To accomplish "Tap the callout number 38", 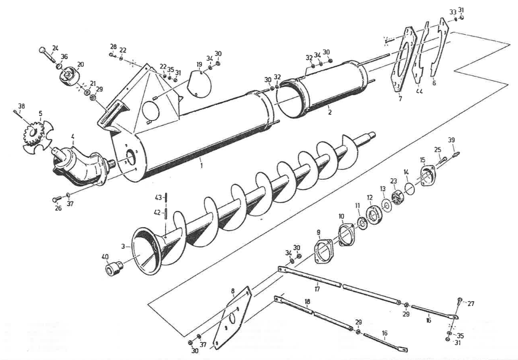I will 21,106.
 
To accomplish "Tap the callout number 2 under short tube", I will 329,113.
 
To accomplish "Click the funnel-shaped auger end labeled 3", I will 147,249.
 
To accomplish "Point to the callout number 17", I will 317,289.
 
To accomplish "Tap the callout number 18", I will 307,302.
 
